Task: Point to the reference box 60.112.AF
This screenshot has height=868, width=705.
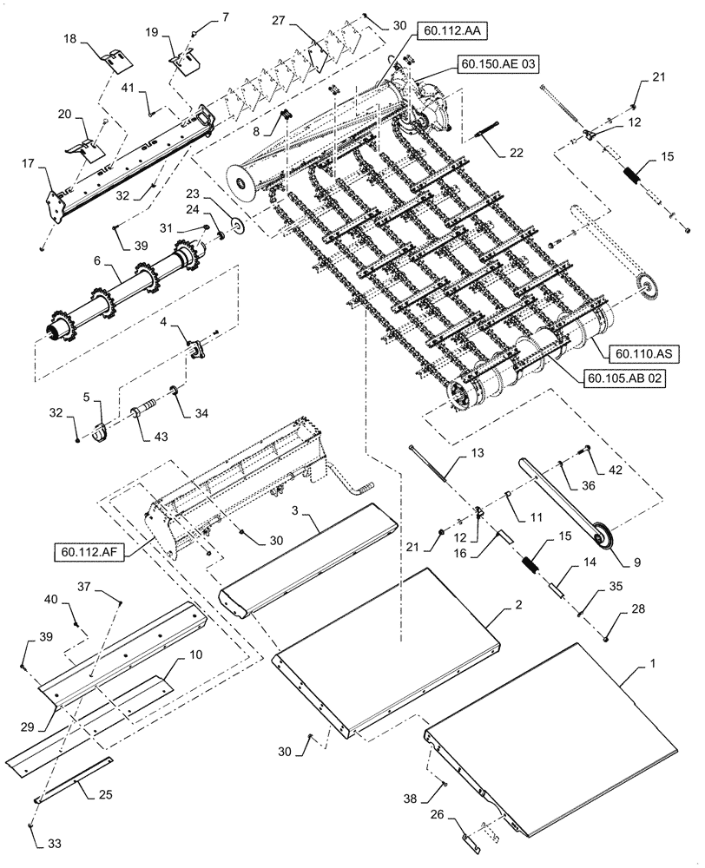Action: click(87, 550)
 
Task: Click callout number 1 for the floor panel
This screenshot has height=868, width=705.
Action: click(651, 662)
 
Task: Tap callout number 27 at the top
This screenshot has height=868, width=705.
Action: click(277, 20)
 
